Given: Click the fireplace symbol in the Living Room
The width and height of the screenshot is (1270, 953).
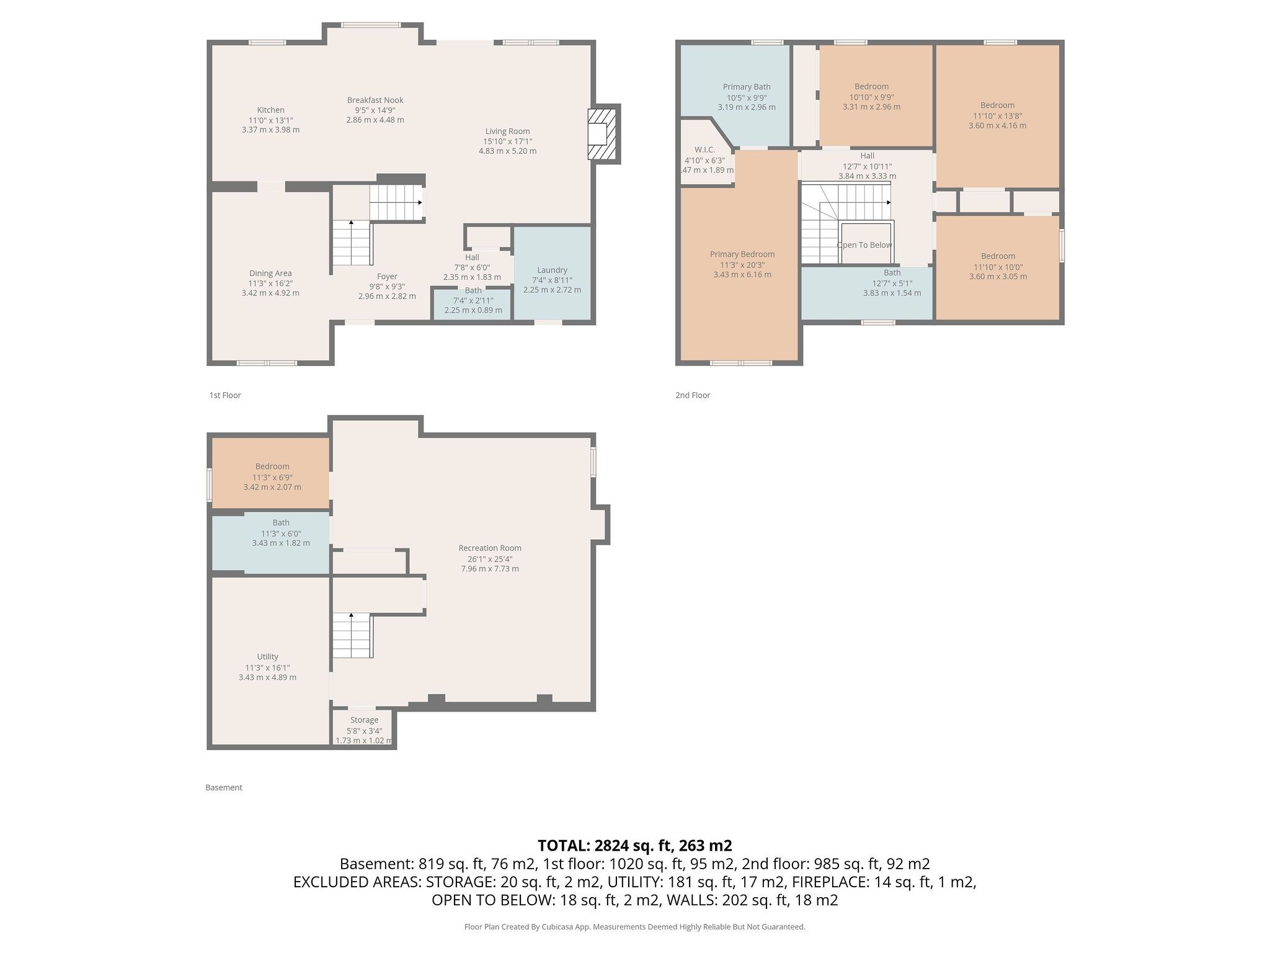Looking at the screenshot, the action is click(x=602, y=134).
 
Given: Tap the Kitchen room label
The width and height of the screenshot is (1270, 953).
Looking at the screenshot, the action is click(x=271, y=110).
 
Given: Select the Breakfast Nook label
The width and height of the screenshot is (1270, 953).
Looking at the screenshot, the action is click(x=375, y=100).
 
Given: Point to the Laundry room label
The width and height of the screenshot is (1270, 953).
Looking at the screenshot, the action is click(x=552, y=270).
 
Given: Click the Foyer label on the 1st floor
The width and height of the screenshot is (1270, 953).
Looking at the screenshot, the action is click(x=387, y=277).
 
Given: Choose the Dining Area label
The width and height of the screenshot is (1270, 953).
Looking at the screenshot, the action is click(x=270, y=273).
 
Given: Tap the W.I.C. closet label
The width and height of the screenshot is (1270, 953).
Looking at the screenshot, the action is click(x=705, y=150).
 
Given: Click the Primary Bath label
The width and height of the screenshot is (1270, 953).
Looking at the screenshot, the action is click(x=747, y=87).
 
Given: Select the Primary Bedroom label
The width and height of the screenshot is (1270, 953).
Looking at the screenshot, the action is click(x=742, y=254).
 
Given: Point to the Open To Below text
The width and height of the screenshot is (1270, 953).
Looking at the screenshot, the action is click(x=864, y=245).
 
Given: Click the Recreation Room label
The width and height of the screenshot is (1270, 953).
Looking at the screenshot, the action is click(x=490, y=548).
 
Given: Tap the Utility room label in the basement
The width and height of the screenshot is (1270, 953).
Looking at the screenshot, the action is click(x=268, y=656).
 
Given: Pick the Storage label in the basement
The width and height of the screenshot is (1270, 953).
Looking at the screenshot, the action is click(x=364, y=720).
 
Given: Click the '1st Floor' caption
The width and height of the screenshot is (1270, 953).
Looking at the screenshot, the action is click(x=225, y=395).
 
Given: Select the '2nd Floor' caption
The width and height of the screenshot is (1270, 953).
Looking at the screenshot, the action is click(x=693, y=395).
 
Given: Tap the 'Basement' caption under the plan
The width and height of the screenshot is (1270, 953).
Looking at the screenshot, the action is click(x=224, y=787).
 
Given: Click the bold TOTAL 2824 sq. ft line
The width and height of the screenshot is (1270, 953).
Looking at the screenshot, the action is click(x=635, y=846).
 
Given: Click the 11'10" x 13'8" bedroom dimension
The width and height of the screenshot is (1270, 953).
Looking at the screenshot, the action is click(x=997, y=115).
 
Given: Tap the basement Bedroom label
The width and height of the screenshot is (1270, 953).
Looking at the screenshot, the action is click(x=272, y=467).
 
